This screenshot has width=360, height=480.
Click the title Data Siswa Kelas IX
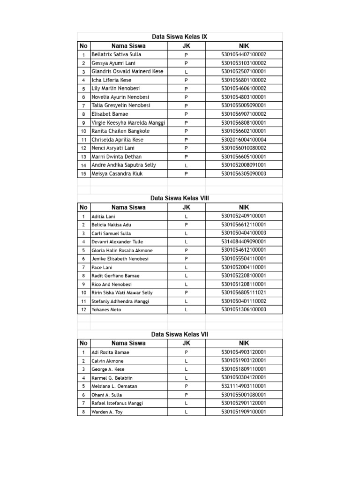[x=180, y=37]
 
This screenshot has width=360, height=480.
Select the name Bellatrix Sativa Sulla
[x=116, y=54]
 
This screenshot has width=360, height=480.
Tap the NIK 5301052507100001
[x=244, y=72]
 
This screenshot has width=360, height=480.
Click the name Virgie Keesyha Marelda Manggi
[x=128, y=123]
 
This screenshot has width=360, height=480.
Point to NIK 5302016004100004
[x=244, y=140]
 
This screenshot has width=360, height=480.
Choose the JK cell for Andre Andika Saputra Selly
[x=186, y=165]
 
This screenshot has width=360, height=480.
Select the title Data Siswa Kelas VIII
[x=180, y=198]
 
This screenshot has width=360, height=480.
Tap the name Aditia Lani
[x=103, y=217]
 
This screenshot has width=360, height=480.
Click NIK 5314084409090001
[x=244, y=242]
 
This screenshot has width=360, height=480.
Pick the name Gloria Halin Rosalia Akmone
[x=122, y=250]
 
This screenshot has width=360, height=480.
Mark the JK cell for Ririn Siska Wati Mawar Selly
[x=186, y=293]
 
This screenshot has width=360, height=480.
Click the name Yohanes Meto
[x=106, y=310]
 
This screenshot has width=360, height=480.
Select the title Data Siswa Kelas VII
[x=180, y=335]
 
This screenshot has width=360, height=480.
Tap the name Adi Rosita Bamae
[x=110, y=352]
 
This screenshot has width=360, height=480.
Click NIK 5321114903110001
[x=244, y=386]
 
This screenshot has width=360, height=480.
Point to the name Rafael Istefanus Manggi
[x=117, y=403]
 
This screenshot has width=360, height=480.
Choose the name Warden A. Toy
[x=107, y=412]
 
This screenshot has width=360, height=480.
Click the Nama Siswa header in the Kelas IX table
[x=128, y=46]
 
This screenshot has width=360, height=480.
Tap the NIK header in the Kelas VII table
[x=244, y=343]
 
